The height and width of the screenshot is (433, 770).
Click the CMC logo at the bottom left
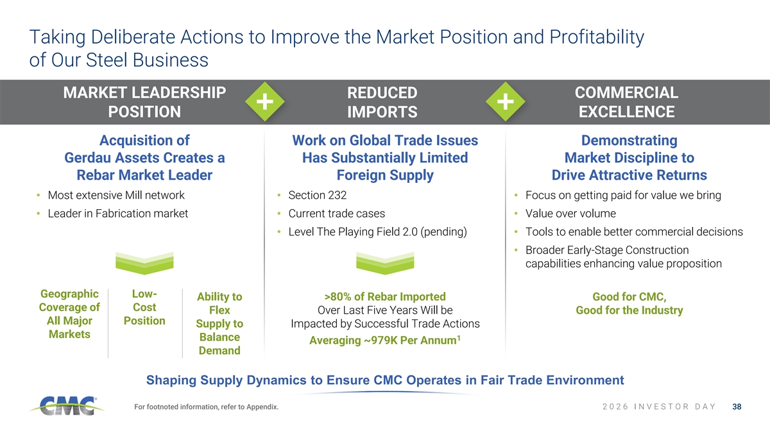tap(67, 406)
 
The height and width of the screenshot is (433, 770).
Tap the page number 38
tap(737, 407)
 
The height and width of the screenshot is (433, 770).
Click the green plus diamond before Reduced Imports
tap(264, 102)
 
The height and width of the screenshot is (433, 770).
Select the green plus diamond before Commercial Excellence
tap(506, 102)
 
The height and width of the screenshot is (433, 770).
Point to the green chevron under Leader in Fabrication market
tap(144, 263)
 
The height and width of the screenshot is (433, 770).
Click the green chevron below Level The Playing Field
tap(385, 263)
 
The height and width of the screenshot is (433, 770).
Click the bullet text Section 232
tap(317, 195)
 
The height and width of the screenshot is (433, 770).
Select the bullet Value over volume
tap(570, 214)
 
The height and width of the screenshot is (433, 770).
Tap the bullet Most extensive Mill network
tap(116, 195)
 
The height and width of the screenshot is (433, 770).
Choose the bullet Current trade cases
tap(336, 214)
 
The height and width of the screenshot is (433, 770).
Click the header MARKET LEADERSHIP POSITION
tap(144, 102)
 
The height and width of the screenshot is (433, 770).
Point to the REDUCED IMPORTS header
tap(382, 102)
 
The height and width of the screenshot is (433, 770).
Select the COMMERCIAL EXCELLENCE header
tap(626, 102)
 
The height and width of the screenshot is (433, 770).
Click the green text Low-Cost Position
tap(144, 307)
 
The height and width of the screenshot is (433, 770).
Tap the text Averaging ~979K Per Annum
tap(384, 340)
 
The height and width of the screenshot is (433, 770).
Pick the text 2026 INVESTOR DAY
tap(659, 407)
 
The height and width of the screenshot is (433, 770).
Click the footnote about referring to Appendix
tap(206, 407)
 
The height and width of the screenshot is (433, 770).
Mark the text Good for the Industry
tap(629, 310)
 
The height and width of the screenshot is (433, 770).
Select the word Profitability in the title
tap(597, 37)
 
